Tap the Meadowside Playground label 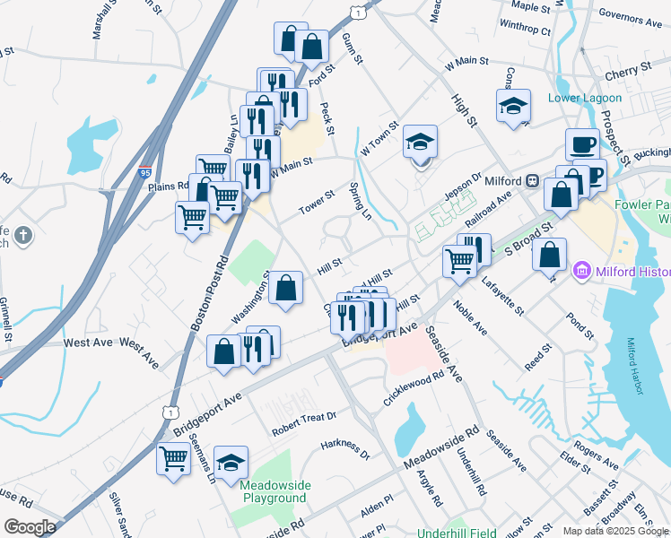click(x=274, y=491)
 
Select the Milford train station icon click(x=532, y=181)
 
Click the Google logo click(x=30, y=527)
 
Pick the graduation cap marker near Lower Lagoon click(x=513, y=106)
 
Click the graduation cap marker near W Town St click(x=419, y=142)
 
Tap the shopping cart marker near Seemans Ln click(x=174, y=458)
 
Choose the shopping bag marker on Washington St click(x=285, y=288)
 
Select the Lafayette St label click(x=503, y=297)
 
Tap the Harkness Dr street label click(x=345, y=448)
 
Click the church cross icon click(x=23, y=237)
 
